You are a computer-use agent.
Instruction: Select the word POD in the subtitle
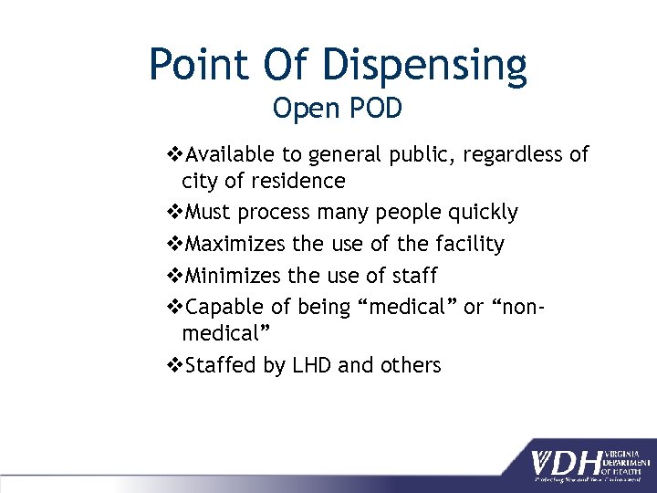[375, 109]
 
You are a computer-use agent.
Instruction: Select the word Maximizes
[234, 244]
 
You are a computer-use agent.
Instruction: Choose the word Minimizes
[232, 275]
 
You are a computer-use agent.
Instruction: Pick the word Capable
[222, 307]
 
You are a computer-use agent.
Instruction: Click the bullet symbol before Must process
[176, 213]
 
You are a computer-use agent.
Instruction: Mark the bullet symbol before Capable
[176, 307]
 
